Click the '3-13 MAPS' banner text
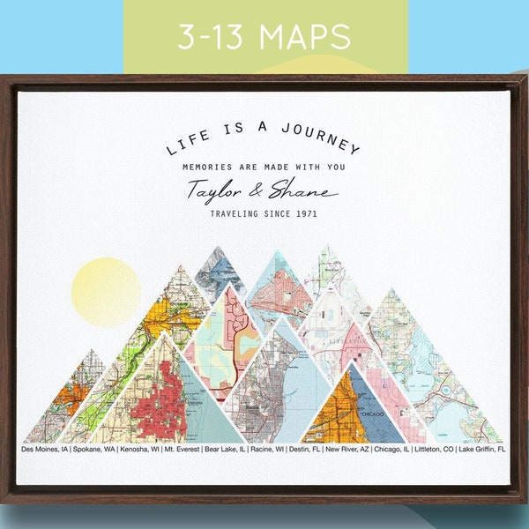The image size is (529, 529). pos(264,37)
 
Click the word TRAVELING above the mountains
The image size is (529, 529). pos(237,213)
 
